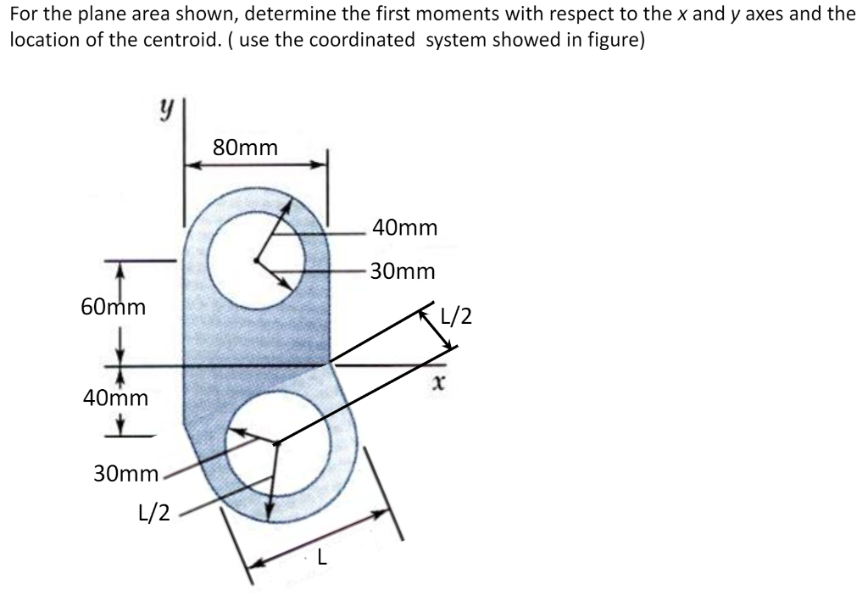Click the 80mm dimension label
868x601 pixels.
click(245, 147)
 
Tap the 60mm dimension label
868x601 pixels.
click(113, 307)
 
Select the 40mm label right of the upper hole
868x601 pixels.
click(405, 228)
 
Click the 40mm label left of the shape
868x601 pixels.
click(115, 398)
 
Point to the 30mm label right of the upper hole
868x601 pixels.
click(403, 272)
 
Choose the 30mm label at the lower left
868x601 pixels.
click(125, 474)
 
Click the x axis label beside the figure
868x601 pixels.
click(437, 385)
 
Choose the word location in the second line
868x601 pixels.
click(37, 42)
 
